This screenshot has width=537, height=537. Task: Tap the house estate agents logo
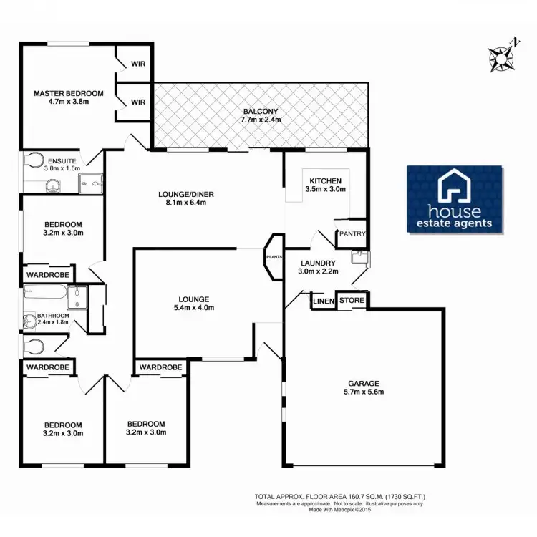(455, 199)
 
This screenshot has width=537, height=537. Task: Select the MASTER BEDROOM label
(69, 93)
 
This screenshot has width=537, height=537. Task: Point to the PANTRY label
(353, 234)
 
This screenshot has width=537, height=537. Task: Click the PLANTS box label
(274, 256)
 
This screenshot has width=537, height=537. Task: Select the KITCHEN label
(325, 180)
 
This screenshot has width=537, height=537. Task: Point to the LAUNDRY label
(318, 263)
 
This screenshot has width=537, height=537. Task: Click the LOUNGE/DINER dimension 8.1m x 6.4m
(186, 203)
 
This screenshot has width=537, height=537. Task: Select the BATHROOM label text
(54, 316)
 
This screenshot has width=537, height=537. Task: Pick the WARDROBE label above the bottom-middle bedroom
(160, 367)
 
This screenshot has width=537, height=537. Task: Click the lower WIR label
(137, 102)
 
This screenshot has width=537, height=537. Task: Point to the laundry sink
(359, 256)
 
